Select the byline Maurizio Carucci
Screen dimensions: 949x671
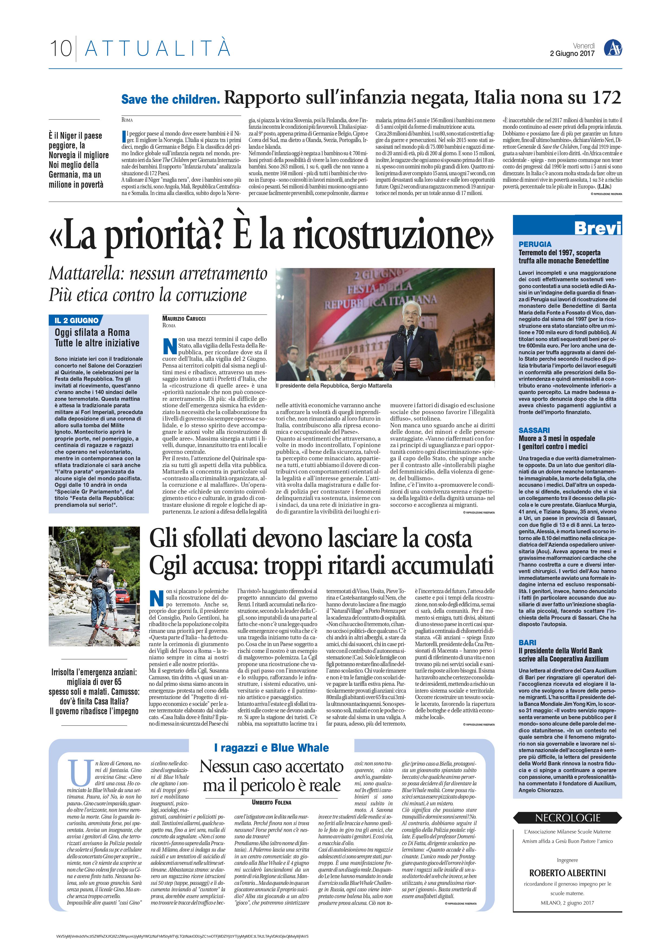tap(183, 318)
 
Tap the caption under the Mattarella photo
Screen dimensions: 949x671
tap(334, 386)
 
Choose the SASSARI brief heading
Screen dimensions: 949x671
tap(534, 430)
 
